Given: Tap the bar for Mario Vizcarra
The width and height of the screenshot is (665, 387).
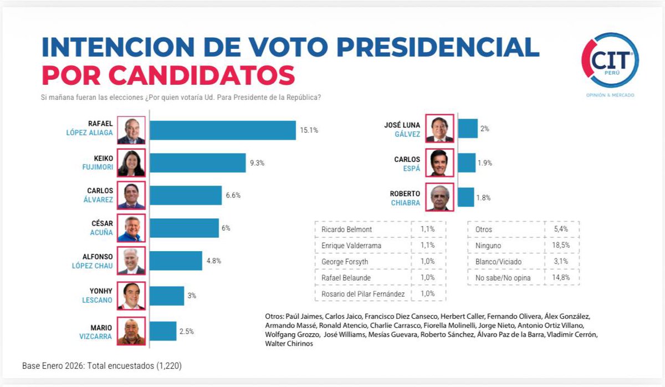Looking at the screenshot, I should (163, 332).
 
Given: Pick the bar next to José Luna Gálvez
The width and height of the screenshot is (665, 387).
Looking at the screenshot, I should (468, 129).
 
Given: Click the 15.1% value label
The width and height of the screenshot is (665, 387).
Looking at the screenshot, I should (309, 130).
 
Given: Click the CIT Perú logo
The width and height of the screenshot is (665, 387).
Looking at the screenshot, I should (610, 61).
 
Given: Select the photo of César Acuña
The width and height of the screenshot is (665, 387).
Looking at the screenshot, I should (131, 228).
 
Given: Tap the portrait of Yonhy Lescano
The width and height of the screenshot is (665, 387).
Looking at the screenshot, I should (131, 296).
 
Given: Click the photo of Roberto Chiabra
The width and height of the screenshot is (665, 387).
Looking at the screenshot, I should (440, 197).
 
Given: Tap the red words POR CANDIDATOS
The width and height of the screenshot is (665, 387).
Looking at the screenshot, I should (168, 75).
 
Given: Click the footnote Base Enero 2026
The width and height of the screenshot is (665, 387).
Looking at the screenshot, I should (102, 366).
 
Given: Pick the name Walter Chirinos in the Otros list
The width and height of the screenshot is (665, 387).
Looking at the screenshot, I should (289, 344).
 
